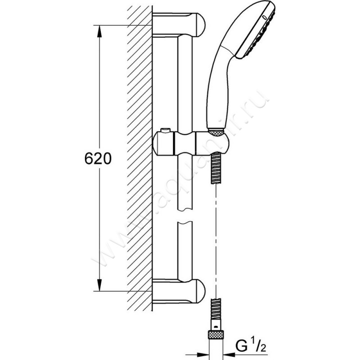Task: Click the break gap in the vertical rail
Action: pos(184,217)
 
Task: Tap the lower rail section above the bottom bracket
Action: pos(184,252)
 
